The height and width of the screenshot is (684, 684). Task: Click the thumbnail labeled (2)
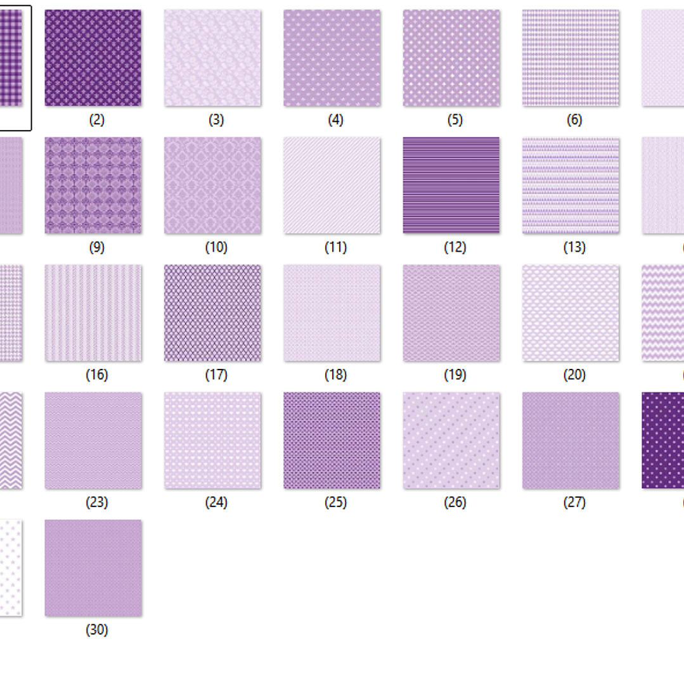coord(93,58)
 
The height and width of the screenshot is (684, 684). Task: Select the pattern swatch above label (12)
coord(451,185)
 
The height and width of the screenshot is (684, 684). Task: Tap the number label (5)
coord(455,120)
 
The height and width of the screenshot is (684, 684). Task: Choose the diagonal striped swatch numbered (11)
coord(332,185)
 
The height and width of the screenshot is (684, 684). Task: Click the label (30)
coord(97,629)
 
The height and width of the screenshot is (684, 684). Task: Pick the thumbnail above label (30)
coord(93,567)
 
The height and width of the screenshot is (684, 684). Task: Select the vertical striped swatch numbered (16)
coord(93,313)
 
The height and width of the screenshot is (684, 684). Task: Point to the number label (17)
coord(216,375)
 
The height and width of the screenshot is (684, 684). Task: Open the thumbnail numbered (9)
coord(93,185)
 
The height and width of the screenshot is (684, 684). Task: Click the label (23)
coord(97,502)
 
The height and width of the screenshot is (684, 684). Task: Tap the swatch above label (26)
coord(451,440)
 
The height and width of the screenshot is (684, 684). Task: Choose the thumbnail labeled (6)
coord(571,58)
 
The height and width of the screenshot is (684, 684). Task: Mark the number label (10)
coord(216,247)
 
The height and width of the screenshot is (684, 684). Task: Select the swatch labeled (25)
coord(332,440)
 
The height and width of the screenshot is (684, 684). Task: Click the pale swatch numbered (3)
coord(212,58)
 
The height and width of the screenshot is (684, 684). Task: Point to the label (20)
coord(574,375)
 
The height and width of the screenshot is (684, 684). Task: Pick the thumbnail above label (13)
coord(571,185)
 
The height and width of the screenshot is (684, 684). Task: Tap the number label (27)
coord(574,502)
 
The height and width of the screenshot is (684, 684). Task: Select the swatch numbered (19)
coord(451,313)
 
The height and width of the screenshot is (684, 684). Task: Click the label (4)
coord(336,120)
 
